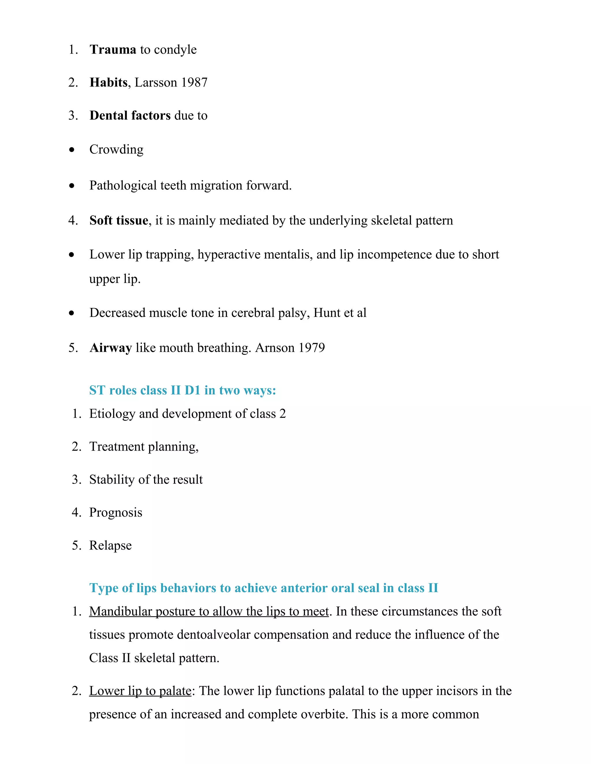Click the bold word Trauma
113,49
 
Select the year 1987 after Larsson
194,82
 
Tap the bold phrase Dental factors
130,115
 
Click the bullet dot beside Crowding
72,150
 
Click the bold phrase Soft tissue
119,220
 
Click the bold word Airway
111,347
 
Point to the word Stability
112,479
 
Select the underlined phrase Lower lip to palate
140,690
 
